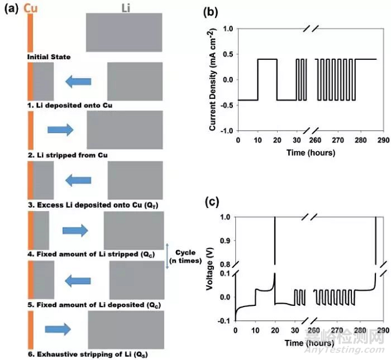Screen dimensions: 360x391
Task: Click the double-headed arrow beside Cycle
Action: (167, 256)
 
